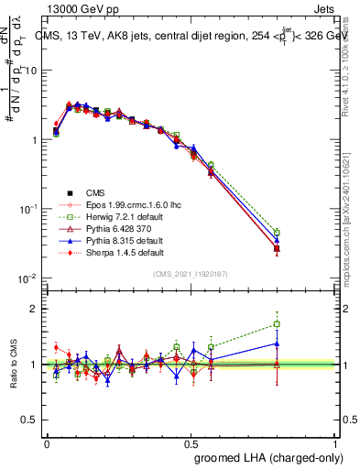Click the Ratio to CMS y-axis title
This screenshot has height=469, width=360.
click(x=13, y=365)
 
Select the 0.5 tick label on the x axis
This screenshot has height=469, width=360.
click(x=191, y=443)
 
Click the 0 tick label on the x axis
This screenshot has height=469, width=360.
click(x=47, y=443)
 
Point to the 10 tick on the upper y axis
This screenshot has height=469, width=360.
click(x=33, y=71)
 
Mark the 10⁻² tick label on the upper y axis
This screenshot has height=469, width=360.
click(x=30, y=278)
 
